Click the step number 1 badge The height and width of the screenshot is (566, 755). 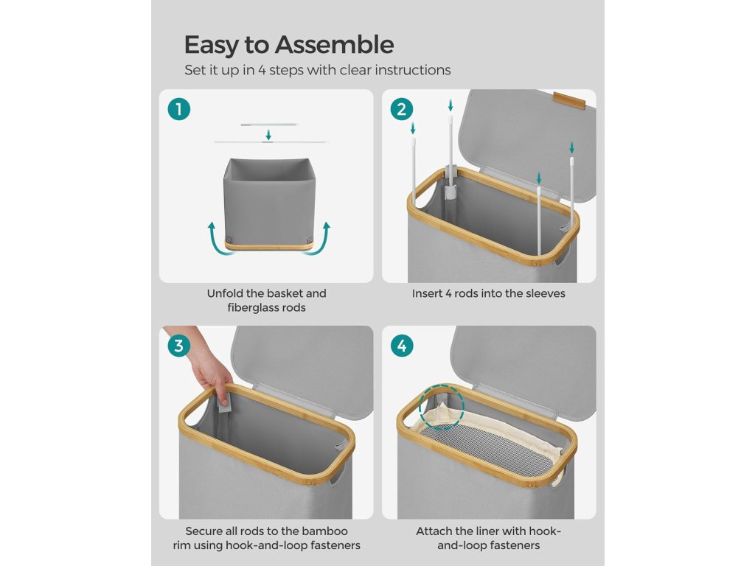178,109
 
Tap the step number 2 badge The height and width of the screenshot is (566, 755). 402,109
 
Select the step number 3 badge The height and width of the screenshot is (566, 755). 178,346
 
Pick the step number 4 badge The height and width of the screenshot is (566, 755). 402,346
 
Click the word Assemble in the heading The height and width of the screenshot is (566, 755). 334,45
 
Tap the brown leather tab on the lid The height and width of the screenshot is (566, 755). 569,100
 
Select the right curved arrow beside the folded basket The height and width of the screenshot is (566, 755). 321,240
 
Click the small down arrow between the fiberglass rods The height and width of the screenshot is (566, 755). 268,135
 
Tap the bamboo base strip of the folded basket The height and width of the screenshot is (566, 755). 268,246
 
